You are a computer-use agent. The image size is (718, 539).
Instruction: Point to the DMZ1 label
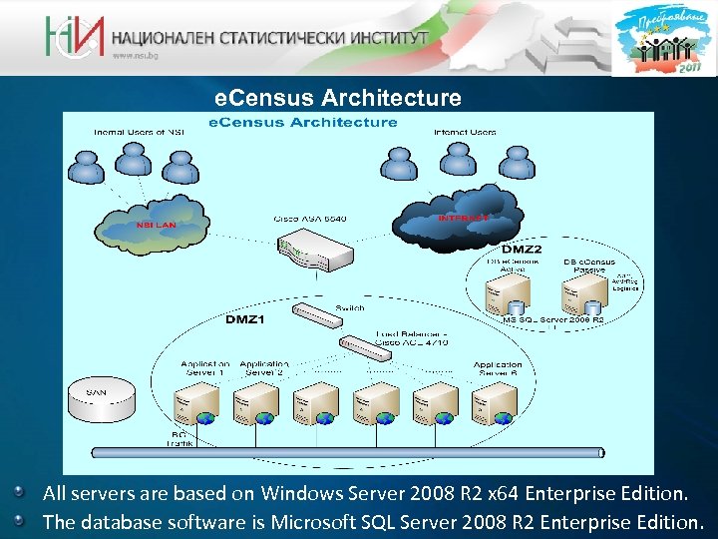[x=244, y=319]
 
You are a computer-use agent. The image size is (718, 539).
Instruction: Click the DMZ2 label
[x=522, y=248]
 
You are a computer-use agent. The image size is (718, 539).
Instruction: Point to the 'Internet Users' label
[x=465, y=132]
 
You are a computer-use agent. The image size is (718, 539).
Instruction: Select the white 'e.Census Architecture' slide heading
[x=339, y=98]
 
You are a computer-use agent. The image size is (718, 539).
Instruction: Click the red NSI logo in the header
[x=73, y=37]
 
